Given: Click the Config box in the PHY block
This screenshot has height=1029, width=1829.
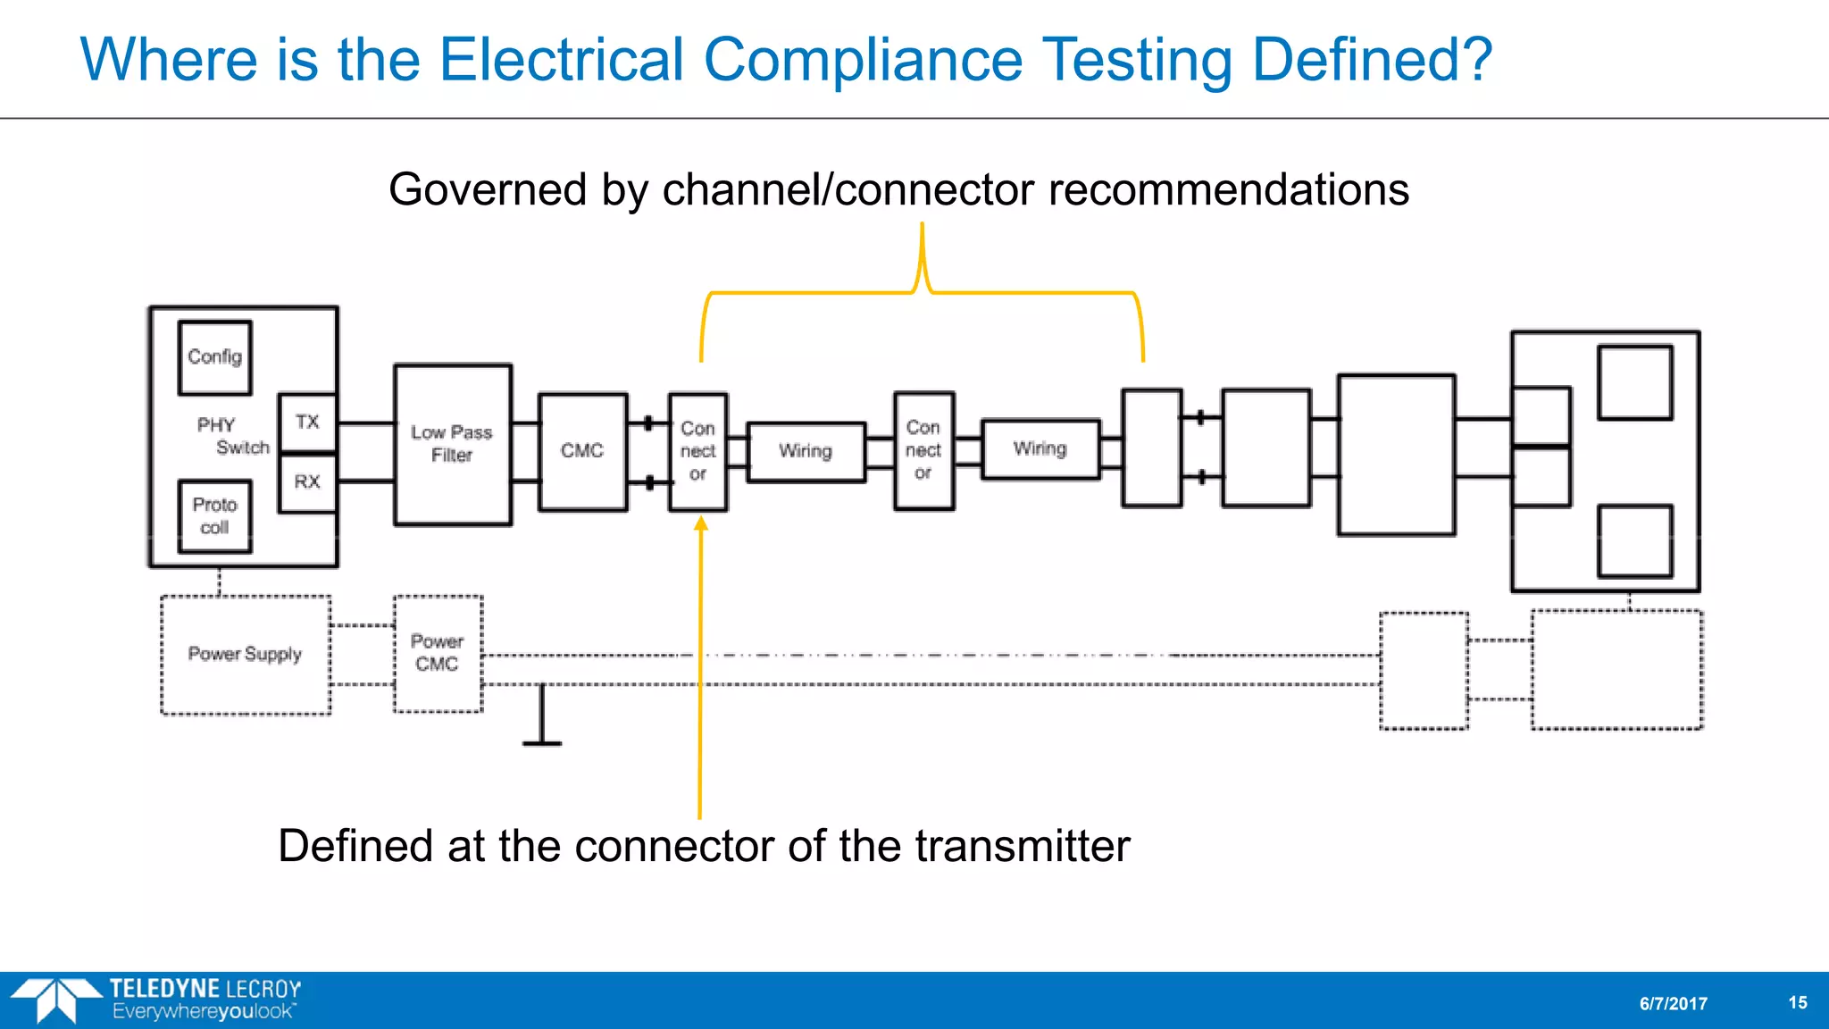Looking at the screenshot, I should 214,357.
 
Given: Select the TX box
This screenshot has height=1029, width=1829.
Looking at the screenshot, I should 307,422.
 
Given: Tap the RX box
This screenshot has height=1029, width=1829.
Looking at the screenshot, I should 307,482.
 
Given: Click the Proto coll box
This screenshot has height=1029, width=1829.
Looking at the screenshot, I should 214,516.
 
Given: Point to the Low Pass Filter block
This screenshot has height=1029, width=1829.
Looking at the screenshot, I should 453,444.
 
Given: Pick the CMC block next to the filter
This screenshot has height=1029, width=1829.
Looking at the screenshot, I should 582,451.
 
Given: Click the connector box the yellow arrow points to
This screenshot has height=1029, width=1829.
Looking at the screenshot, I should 697,451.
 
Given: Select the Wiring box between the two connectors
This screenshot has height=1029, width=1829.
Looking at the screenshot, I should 806,451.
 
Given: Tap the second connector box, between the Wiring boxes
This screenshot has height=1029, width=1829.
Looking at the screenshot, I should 923,450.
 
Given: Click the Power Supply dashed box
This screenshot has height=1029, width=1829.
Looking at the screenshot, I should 246,655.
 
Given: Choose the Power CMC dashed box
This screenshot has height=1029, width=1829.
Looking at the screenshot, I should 438,653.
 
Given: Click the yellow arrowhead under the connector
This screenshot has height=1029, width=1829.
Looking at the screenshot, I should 701,524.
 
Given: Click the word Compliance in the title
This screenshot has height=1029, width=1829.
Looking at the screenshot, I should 863,60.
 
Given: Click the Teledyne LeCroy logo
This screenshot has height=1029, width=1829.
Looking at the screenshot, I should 156,1000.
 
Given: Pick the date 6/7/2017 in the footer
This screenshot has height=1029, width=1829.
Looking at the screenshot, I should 1673,1004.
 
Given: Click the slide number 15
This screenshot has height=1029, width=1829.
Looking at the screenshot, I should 1798,1003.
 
